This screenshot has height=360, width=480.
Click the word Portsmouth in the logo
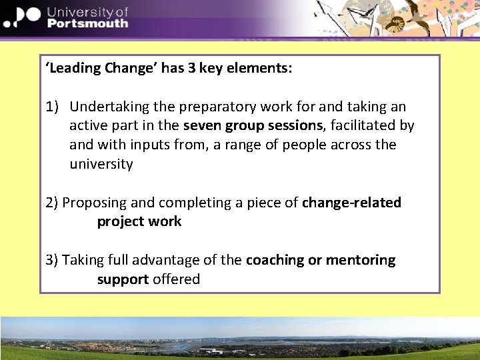click(x=88, y=23)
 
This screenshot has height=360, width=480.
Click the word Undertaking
click(x=108, y=107)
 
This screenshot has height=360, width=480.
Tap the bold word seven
click(x=203, y=125)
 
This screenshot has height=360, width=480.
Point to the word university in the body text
click(x=101, y=164)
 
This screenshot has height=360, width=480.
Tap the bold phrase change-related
click(x=351, y=203)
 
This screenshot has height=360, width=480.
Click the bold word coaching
click(x=275, y=260)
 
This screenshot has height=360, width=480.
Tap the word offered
click(x=176, y=279)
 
